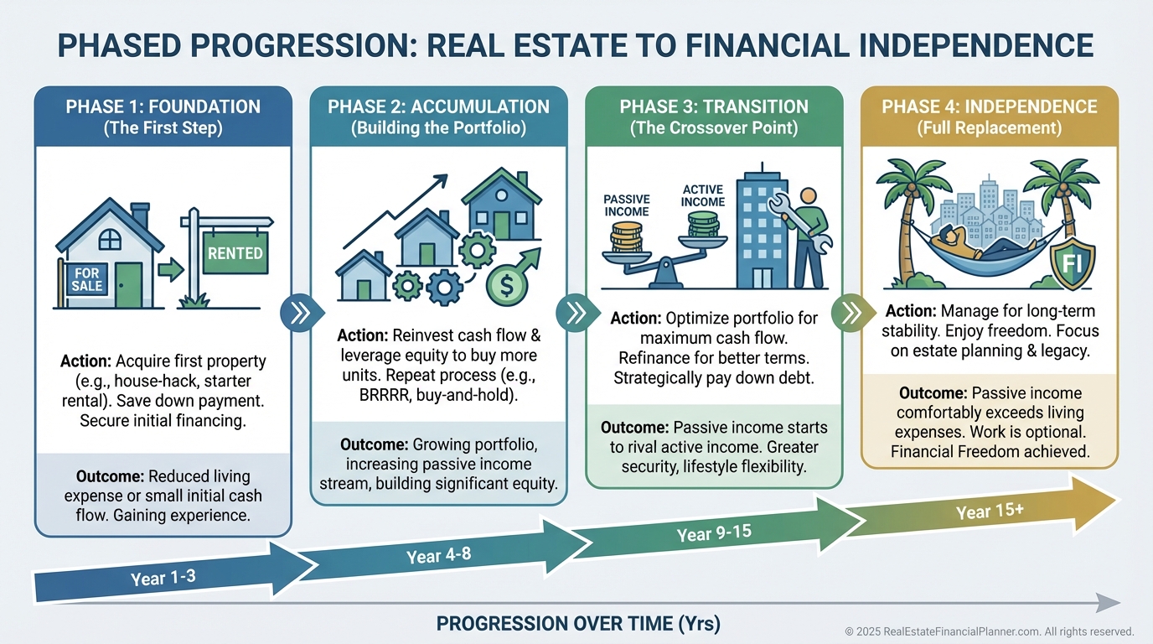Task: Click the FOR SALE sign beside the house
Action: [87, 279]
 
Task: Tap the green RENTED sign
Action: [235, 253]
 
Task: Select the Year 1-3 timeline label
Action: [165, 577]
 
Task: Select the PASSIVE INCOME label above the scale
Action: [627, 205]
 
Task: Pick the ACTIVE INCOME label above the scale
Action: [702, 195]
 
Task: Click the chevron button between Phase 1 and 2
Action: [299, 314]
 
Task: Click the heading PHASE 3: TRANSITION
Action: [714, 107]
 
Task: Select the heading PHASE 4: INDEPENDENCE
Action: [989, 107]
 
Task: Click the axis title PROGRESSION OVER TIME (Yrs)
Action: [578, 624]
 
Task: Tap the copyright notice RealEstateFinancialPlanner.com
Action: [989, 631]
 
